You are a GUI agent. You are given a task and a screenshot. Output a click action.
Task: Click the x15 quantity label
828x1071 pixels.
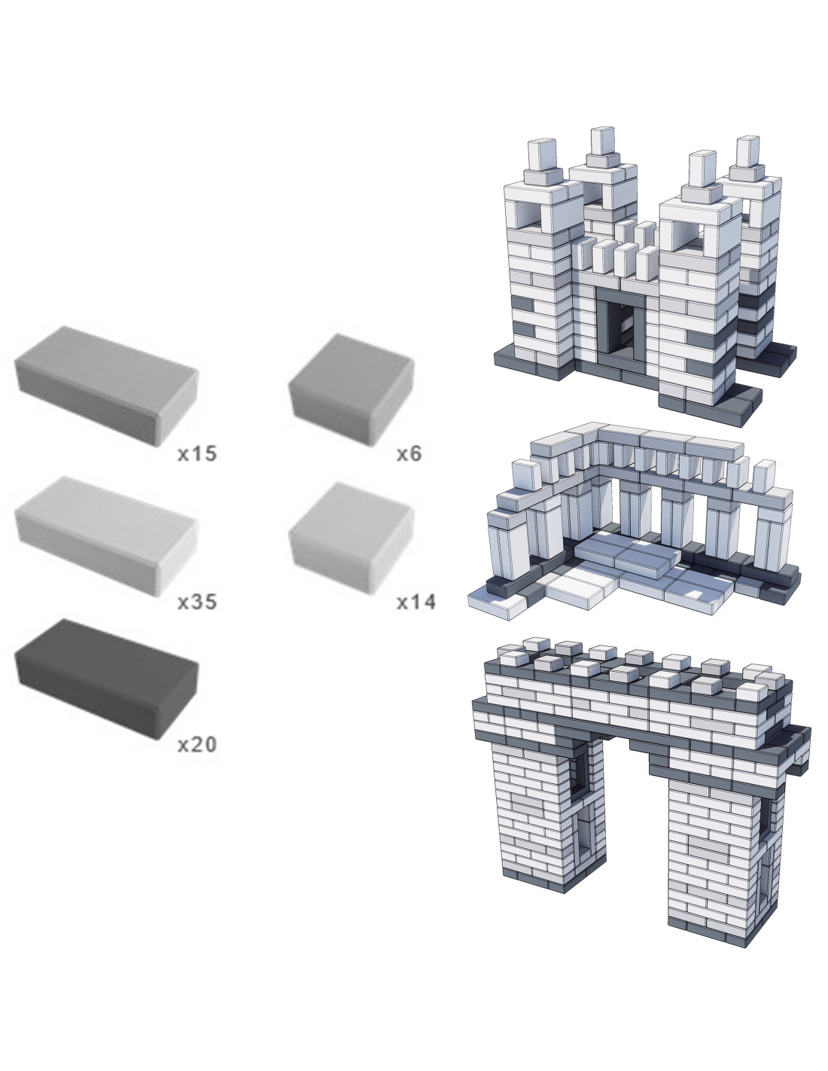pyautogui.click(x=197, y=453)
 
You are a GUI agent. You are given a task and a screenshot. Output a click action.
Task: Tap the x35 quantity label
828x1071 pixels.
pyautogui.click(x=197, y=602)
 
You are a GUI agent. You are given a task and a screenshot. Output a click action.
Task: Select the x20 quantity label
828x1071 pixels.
pyautogui.click(x=197, y=744)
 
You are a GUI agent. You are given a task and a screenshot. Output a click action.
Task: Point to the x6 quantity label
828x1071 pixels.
pyautogui.click(x=409, y=453)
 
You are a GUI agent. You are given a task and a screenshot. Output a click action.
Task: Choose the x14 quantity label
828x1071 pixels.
pyautogui.click(x=416, y=602)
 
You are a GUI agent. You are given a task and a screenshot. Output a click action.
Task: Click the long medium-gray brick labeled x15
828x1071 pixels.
pyautogui.click(x=106, y=386)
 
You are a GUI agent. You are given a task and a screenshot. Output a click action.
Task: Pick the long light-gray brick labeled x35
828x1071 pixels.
pyautogui.click(x=106, y=535)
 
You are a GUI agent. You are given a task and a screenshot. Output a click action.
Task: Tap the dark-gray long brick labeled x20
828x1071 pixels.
pyautogui.click(x=106, y=679)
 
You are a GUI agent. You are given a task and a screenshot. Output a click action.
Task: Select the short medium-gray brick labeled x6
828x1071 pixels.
pyautogui.click(x=352, y=389)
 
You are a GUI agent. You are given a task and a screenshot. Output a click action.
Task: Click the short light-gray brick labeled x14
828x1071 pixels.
pyautogui.click(x=352, y=538)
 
